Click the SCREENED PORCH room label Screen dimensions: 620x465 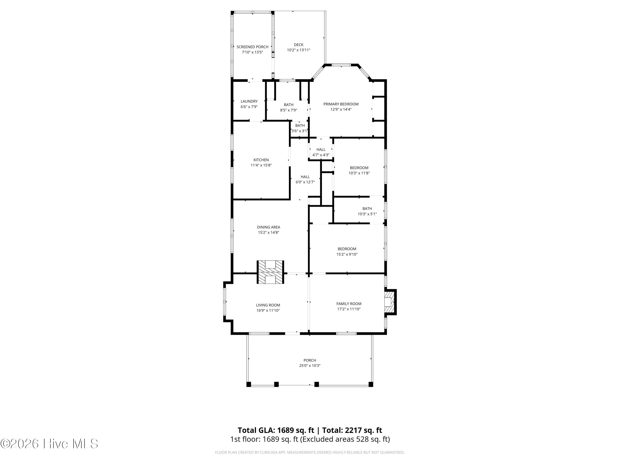252,47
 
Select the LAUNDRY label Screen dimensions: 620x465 249,101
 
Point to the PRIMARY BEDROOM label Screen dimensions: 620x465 341,104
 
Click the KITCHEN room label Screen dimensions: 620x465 261,160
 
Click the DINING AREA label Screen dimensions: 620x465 268,227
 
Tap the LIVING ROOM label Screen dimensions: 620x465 268,305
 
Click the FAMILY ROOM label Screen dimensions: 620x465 349,304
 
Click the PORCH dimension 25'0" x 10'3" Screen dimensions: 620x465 310,366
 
